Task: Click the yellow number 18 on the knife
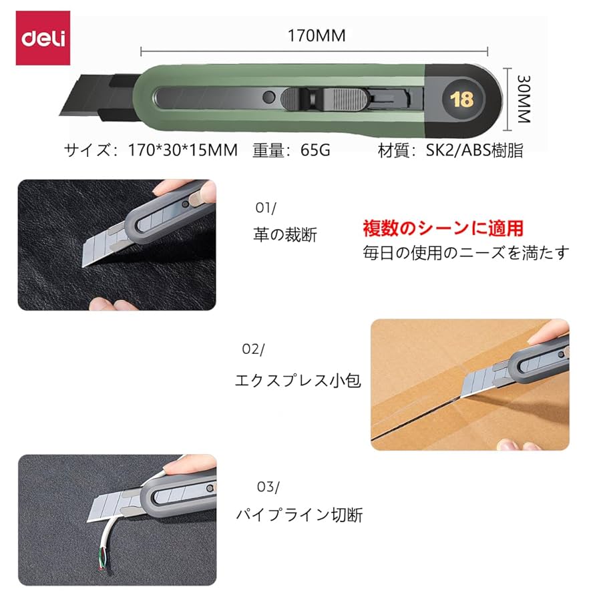[461, 100]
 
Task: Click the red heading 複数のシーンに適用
[443, 229]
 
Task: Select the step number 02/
[253, 349]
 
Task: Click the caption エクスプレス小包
[298, 381]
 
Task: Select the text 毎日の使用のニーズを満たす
[466, 253]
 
